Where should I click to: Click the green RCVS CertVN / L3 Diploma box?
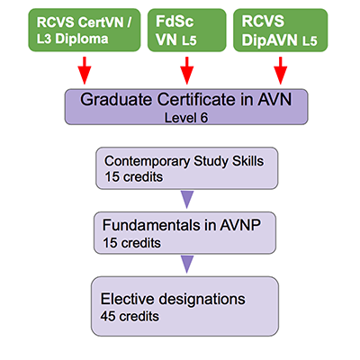[85, 30]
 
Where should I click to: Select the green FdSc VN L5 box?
[186, 30]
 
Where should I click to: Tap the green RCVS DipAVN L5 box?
[281, 30]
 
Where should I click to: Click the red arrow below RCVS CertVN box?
[85, 70]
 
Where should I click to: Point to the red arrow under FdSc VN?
[187, 70]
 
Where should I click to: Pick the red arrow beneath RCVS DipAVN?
[281, 70]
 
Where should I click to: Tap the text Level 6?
[186, 118]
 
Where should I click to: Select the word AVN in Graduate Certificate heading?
[274, 99]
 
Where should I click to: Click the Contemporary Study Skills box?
[187, 168]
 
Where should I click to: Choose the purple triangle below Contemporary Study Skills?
[187, 200]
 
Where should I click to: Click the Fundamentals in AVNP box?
[184, 233]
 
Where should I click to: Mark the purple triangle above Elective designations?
[187, 265]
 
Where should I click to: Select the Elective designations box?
[184, 306]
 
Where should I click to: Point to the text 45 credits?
[130, 317]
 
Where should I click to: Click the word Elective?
[127, 299]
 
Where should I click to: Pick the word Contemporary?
[147, 162]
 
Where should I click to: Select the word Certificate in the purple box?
[196, 99]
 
